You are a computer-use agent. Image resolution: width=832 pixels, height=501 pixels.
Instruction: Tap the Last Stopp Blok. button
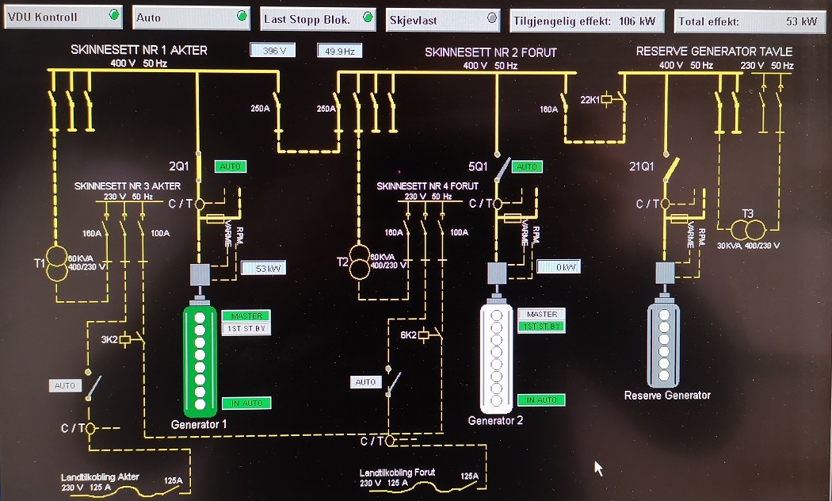318,18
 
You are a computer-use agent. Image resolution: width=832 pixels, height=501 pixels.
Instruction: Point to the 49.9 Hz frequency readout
339,51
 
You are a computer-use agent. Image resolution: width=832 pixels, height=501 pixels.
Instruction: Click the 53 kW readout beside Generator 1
262,268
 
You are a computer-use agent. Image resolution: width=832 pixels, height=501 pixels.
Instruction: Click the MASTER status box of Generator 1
246,316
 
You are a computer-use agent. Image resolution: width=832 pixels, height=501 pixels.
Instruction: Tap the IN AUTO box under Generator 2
541,400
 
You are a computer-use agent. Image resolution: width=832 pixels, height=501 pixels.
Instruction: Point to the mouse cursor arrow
600,468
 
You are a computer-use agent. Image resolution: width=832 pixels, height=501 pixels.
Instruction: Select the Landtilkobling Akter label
101,477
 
